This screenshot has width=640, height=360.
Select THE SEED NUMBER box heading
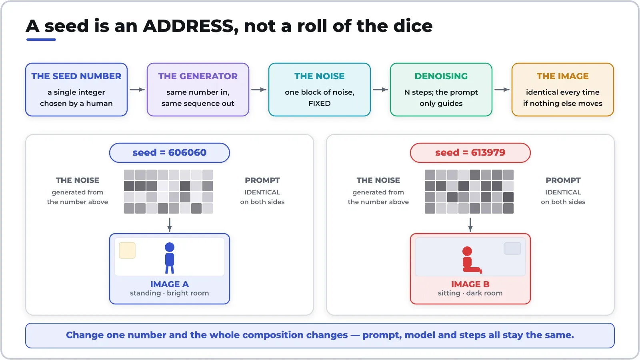point(76,76)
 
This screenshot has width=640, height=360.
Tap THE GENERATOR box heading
point(198,76)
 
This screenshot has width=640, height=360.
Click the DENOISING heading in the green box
point(441,76)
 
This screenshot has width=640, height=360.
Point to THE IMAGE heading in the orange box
point(562,76)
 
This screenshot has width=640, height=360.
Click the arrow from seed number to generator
point(137,90)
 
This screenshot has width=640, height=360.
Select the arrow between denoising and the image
point(502,90)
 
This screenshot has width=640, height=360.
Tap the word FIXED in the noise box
point(320,104)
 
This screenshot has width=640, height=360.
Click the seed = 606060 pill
point(170,153)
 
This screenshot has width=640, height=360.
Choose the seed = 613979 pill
point(470,153)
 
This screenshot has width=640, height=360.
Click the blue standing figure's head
point(170,247)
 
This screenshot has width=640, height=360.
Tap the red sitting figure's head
point(467,251)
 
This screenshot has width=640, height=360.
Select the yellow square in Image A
point(127,250)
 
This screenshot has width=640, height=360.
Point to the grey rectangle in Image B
point(512,248)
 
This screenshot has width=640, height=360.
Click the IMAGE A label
point(170,284)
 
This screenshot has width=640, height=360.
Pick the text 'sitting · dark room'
point(470,293)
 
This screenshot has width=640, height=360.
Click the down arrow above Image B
point(470,225)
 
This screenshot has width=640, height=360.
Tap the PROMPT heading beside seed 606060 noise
point(262,180)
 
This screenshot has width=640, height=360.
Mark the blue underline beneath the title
point(41,40)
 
